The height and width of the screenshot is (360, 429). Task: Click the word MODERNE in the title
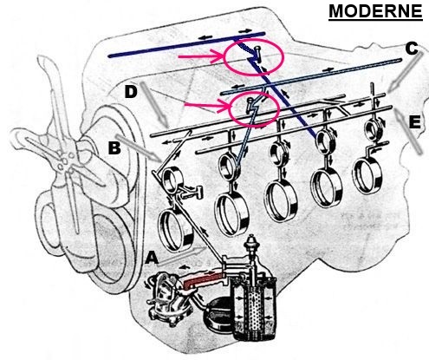point(375,11)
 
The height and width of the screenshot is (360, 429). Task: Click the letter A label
point(152,258)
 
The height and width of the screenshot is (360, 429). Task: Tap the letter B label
point(114,147)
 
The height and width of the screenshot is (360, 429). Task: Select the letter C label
point(412,49)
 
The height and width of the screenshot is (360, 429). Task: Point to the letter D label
point(131,92)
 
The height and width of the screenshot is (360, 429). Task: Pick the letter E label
point(414,122)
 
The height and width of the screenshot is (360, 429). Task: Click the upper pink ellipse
point(254,57)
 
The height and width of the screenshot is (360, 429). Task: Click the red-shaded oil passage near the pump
point(203,280)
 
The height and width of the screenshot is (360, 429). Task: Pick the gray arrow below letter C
point(406,72)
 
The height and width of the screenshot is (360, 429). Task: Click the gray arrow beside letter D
point(154,105)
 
